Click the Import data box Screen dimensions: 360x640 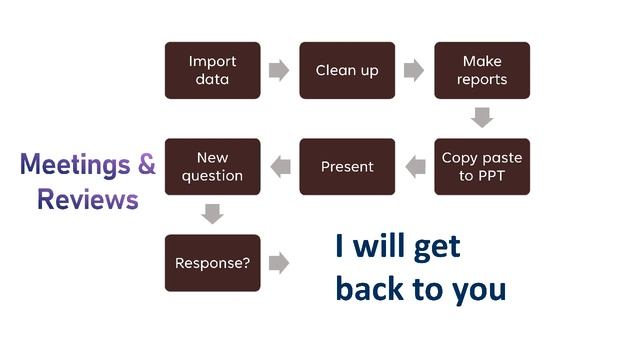212,70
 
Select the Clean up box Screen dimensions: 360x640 347,70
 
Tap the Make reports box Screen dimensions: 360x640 481,70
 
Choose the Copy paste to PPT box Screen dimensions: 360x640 481,166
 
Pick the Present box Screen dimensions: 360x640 347,166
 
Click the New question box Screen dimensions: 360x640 212,166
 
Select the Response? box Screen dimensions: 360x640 212,263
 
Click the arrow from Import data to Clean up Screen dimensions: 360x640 279,70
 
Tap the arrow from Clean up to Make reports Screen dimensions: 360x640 414,70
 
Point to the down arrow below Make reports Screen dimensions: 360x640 482,118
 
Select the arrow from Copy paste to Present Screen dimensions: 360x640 415,167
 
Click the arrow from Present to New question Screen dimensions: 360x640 280,167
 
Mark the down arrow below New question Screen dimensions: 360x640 212,214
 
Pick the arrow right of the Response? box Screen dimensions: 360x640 279,263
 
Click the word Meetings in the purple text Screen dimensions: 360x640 75,165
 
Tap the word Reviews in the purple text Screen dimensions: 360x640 87,199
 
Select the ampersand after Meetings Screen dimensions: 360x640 146,165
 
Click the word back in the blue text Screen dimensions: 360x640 372,289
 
